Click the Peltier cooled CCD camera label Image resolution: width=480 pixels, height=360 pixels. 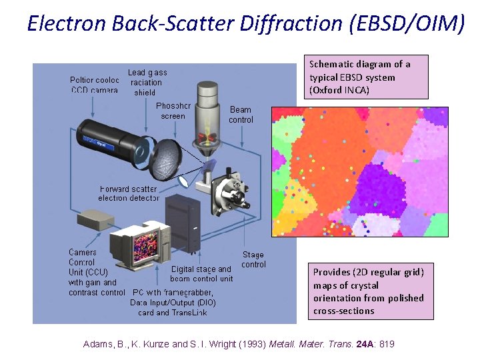coord(94,85)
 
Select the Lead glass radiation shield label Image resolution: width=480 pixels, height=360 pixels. coord(147,82)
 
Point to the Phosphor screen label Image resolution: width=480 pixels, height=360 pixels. coord(173,111)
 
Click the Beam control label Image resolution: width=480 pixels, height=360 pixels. coord(241,115)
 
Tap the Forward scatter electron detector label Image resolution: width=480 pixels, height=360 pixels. coord(129,193)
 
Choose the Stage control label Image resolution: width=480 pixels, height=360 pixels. coord(253,259)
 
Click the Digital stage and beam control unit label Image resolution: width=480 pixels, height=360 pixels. coord(201,274)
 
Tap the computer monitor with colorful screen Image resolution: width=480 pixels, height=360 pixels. coord(141,245)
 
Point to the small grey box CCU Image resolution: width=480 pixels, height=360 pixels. coord(97,219)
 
